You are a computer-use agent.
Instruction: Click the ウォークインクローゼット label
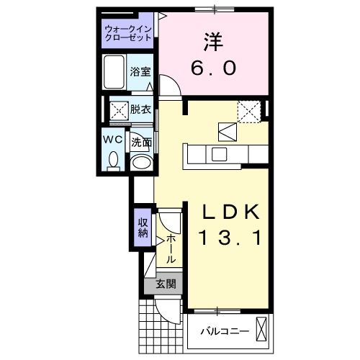click(x=127, y=33)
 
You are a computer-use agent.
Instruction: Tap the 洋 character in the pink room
click(x=212, y=40)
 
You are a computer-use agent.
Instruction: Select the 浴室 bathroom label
click(x=140, y=72)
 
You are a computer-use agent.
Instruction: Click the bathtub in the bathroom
click(x=114, y=72)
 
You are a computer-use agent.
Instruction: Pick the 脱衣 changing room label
click(x=141, y=109)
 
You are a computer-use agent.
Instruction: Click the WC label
click(x=112, y=138)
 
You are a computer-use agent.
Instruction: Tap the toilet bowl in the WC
click(x=112, y=160)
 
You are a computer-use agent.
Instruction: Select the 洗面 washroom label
click(x=141, y=143)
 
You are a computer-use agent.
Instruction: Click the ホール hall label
click(x=171, y=248)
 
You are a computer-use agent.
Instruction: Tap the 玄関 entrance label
click(x=166, y=284)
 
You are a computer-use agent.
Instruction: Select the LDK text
click(x=228, y=212)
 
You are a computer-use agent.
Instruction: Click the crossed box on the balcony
click(x=261, y=330)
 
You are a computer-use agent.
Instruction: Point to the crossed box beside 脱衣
click(x=117, y=109)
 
